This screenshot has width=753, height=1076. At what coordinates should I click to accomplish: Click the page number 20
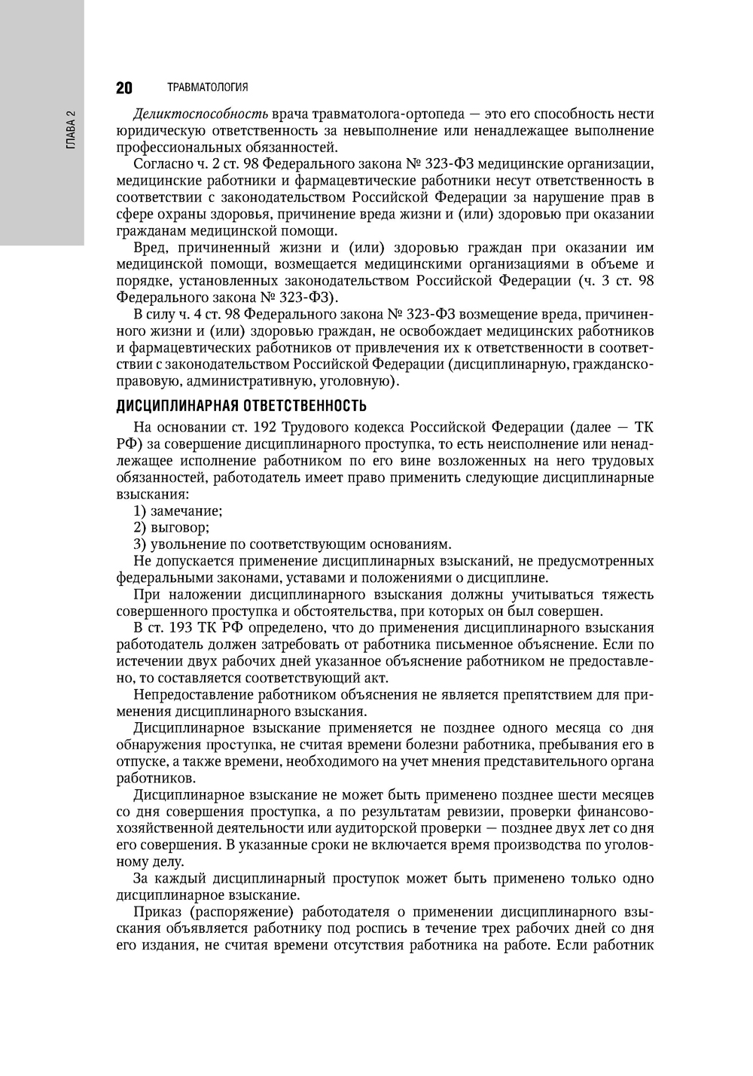pyautogui.click(x=124, y=88)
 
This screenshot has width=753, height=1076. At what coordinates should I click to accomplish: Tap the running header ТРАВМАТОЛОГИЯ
pyautogui.click(x=208, y=88)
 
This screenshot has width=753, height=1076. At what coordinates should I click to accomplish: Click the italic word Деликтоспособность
pyautogui.click(x=200, y=114)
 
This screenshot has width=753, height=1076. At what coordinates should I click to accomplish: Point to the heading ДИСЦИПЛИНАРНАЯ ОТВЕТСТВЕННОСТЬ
pyautogui.click(x=241, y=407)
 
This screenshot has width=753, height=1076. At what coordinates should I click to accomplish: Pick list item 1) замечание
pyautogui.click(x=178, y=511)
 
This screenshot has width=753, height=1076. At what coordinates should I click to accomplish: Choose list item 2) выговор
pyautogui.click(x=171, y=528)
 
